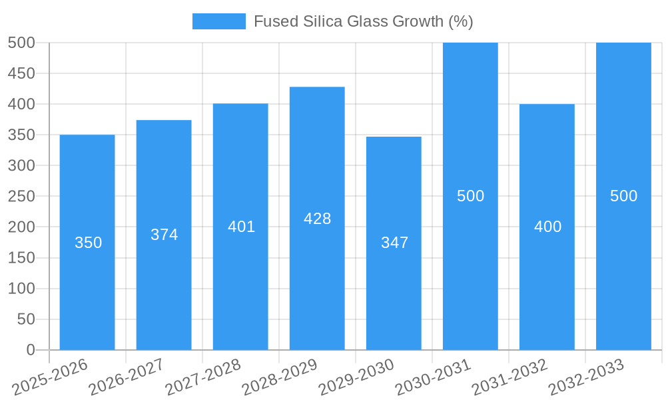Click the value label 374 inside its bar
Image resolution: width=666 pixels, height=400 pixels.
tap(164, 235)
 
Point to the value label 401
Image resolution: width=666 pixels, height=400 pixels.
tap(241, 227)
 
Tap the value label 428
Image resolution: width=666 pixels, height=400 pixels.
tap(317, 219)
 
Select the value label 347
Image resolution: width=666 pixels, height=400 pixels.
tap(394, 243)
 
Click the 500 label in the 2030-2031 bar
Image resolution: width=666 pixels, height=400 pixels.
tap(470, 196)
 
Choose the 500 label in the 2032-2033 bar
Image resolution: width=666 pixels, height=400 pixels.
tap(623, 196)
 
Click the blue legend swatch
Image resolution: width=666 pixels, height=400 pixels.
tap(218, 21)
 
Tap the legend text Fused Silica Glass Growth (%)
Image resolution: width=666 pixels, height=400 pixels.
tap(363, 21)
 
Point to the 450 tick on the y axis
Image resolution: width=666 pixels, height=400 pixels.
tap(21, 73)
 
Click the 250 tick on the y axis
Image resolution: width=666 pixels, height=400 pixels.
tap(21, 196)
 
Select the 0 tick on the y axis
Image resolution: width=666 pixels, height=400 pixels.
tap(30, 350)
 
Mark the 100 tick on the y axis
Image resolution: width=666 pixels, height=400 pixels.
tap(21, 289)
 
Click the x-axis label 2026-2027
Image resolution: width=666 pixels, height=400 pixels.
tap(127, 376)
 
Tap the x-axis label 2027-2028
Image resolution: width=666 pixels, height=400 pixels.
tap(203, 376)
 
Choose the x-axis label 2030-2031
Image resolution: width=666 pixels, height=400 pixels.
tap(433, 376)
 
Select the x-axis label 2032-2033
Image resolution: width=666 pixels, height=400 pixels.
tap(586, 376)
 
